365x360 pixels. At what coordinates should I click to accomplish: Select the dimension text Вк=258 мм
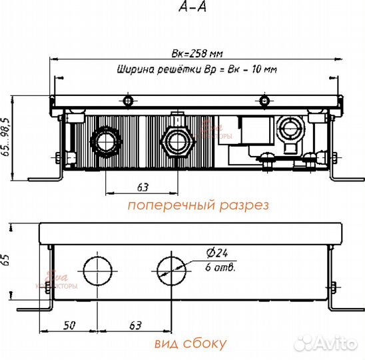[196, 54]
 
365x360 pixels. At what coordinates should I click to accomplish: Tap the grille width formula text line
[196, 69]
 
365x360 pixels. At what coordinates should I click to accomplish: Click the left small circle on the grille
[128, 101]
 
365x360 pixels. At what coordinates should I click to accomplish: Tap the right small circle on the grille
[266, 101]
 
